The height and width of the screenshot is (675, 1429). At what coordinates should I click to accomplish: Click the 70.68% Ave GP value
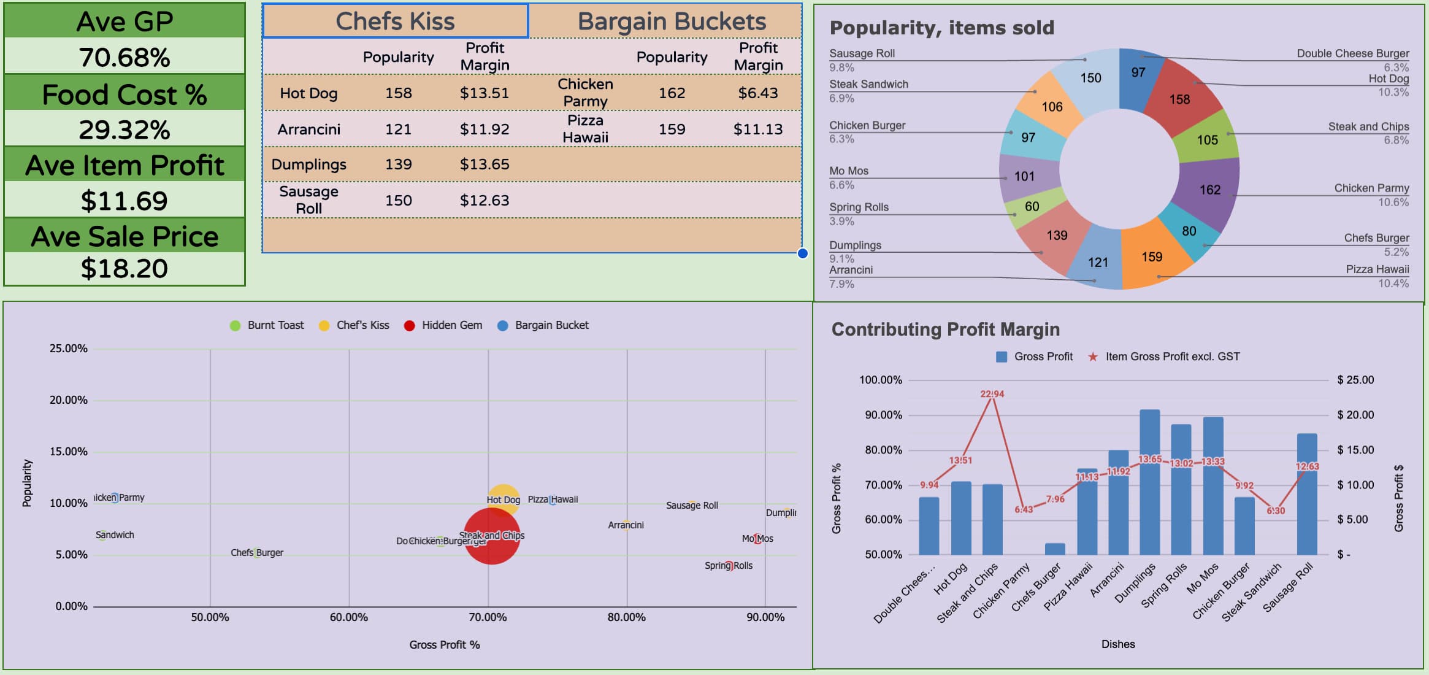tap(125, 57)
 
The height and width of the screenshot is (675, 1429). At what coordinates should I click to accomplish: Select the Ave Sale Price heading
tap(125, 236)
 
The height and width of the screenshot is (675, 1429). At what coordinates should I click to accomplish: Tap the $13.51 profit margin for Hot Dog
tap(484, 93)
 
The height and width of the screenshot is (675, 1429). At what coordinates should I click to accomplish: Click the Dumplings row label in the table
tap(308, 164)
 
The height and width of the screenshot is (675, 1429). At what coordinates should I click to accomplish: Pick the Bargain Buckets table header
tap(671, 21)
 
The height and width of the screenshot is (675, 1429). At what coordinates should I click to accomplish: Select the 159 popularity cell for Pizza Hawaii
tap(672, 129)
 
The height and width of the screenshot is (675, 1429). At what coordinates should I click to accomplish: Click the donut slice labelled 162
tap(1209, 190)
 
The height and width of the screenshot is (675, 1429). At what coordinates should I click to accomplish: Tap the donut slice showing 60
tap(1032, 207)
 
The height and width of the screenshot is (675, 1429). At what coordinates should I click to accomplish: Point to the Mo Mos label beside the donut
tap(849, 171)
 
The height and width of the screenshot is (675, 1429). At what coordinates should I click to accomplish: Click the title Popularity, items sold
tap(941, 28)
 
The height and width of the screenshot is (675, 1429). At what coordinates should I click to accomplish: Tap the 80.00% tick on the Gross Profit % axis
tap(626, 617)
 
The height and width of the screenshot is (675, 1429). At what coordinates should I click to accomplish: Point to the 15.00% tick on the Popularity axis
tap(68, 452)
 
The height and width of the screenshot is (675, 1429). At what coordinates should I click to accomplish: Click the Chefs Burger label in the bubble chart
tap(257, 553)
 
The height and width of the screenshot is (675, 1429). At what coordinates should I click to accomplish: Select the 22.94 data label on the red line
tap(992, 394)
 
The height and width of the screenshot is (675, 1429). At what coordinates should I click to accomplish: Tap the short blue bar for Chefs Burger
tap(1055, 549)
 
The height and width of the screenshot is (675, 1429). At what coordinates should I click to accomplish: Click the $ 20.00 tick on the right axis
tap(1355, 415)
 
